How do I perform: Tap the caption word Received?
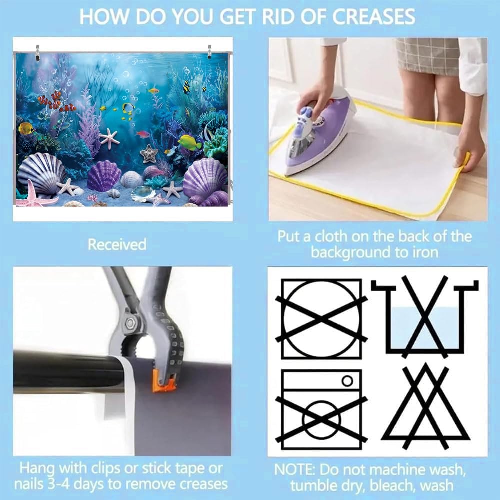117,244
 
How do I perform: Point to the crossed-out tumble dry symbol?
321,319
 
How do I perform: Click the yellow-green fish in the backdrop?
190,142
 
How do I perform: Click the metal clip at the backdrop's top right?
210,51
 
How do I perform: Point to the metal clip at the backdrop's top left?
38,52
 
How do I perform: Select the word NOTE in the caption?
295,469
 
